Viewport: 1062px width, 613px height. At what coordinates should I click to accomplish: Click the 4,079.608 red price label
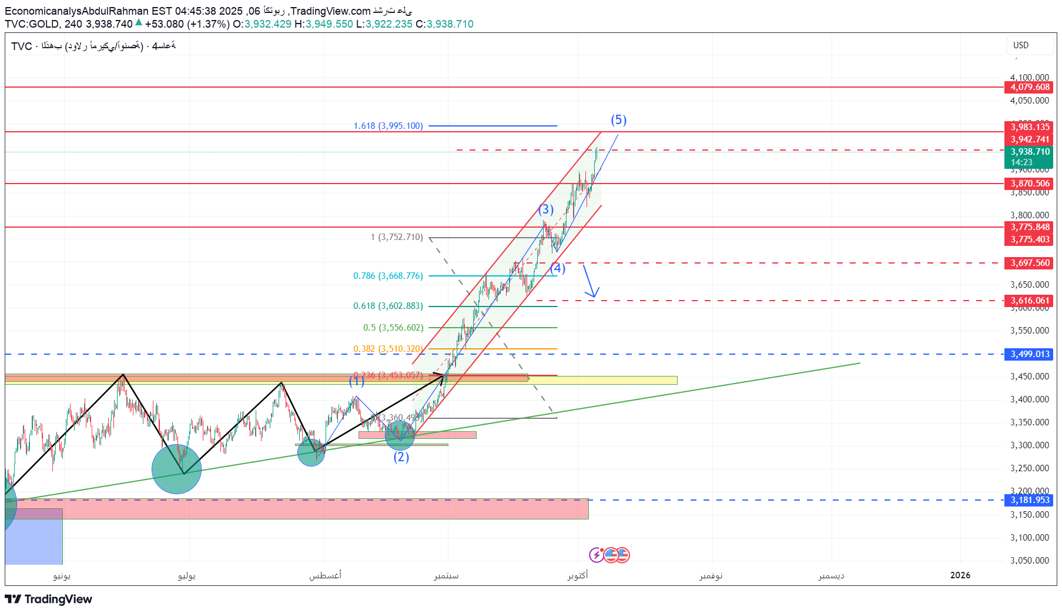1030,87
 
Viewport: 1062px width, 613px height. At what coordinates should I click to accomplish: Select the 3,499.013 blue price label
1030,354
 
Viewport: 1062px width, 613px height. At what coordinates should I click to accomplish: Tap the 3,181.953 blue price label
1030,500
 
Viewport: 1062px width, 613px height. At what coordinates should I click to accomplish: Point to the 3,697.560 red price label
1030,263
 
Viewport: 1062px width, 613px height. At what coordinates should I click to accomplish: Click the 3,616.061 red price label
1030,301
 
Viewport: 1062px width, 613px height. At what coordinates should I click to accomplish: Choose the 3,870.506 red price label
1030,184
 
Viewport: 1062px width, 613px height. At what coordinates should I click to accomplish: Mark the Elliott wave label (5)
618,120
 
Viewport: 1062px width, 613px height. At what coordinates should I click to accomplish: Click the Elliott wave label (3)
546,209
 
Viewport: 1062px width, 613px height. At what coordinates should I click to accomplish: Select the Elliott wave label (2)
401,457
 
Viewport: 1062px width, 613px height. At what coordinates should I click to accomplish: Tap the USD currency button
1021,45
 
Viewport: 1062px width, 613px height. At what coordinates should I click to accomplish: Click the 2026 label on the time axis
960,575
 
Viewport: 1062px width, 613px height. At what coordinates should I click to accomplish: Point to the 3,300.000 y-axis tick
1029,445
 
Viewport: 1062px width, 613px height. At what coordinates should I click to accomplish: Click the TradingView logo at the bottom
49,599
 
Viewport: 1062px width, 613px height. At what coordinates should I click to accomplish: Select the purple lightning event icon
596,555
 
